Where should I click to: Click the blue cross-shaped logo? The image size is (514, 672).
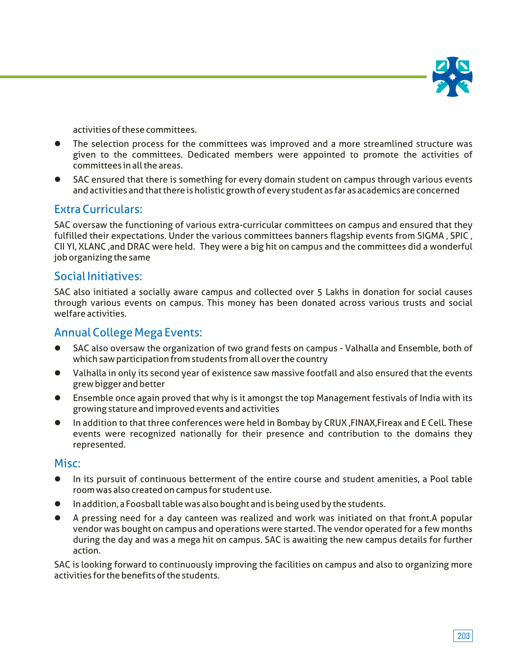click(x=452, y=77)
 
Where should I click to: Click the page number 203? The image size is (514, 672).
click(x=463, y=636)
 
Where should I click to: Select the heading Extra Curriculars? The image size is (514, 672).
click(x=98, y=209)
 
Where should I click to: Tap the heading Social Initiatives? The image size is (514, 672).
click(x=98, y=276)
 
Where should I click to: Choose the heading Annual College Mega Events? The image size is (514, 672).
click(x=128, y=333)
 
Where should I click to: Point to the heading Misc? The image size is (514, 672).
click(x=67, y=463)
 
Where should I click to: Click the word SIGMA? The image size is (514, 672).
click(x=430, y=236)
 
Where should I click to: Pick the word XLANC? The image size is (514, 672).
click(x=92, y=247)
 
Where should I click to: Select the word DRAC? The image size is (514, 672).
click(x=138, y=247)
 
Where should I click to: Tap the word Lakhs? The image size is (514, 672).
click(x=337, y=292)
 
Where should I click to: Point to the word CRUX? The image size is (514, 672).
click(x=335, y=423)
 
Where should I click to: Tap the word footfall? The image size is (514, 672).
click(x=322, y=373)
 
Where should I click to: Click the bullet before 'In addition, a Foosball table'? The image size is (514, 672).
click(x=57, y=504)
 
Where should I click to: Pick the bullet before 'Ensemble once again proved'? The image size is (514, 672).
click(x=57, y=398)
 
